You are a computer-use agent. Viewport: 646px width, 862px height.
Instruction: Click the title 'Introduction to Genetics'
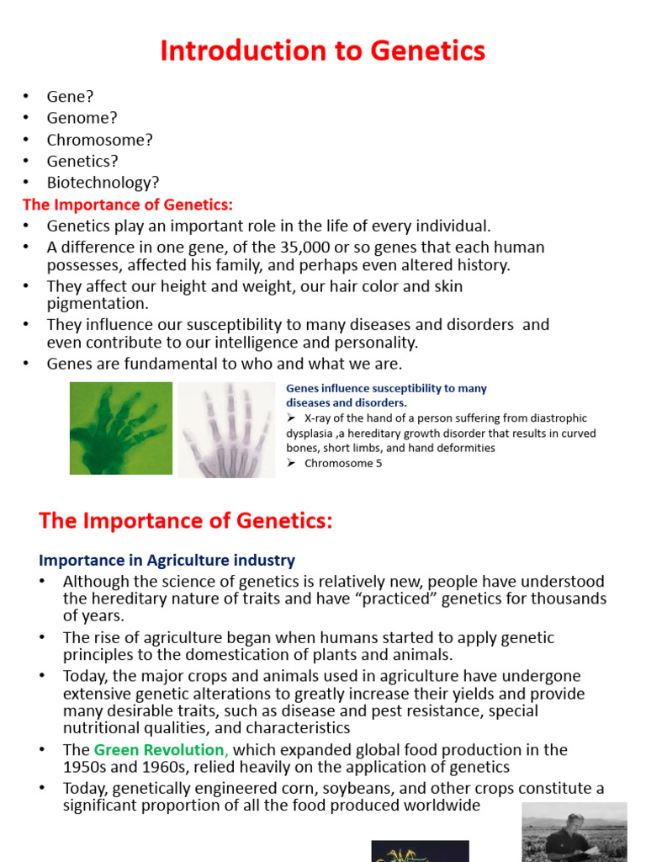point(322,51)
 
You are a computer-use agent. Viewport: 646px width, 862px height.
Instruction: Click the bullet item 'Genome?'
point(82,118)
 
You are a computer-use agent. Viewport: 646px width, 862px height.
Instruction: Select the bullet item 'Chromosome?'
point(99,140)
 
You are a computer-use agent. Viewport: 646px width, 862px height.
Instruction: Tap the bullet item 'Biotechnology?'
point(103,183)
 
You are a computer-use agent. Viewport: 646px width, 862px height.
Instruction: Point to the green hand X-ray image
point(120,428)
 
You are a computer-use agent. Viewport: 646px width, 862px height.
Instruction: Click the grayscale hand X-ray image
point(225,430)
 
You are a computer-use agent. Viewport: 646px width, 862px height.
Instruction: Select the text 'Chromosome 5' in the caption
point(343,463)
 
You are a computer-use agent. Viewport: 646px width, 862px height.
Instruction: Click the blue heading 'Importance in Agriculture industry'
point(167,560)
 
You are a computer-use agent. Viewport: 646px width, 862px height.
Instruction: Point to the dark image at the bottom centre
point(420,850)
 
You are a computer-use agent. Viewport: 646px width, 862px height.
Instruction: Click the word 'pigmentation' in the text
point(97,304)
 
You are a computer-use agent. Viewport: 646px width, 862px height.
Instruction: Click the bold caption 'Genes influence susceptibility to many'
point(386,389)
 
